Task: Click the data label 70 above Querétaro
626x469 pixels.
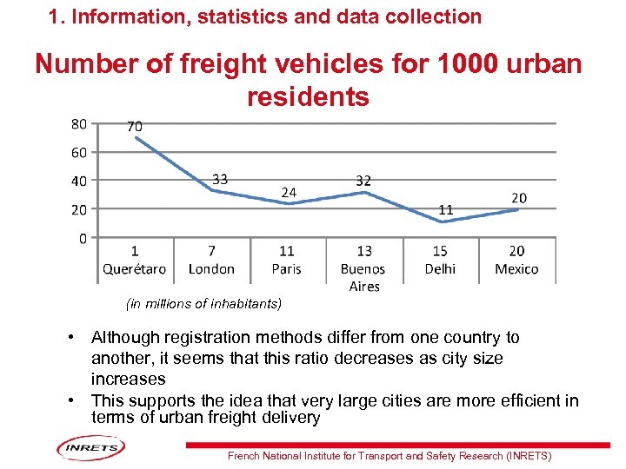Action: (x=135, y=127)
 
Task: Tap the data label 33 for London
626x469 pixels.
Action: (x=220, y=179)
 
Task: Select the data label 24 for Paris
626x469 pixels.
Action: (x=289, y=191)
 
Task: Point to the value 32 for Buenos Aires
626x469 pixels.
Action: (x=363, y=181)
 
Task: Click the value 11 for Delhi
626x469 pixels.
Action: (x=445, y=210)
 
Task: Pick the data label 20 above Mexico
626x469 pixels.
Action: (x=518, y=198)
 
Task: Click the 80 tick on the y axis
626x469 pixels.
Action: (x=78, y=124)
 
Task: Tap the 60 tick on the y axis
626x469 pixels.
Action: (x=78, y=153)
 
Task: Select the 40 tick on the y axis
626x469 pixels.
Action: (x=78, y=181)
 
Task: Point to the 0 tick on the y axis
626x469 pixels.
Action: (x=82, y=238)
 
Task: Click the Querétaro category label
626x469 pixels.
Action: (x=134, y=268)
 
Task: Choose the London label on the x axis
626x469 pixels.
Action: (x=211, y=268)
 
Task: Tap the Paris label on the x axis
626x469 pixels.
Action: (x=287, y=268)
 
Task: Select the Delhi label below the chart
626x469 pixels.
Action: (x=440, y=268)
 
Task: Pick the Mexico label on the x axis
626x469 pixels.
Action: (x=516, y=268)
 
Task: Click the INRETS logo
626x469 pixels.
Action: (x=90, y=449)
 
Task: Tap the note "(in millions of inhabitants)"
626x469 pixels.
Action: (x=203, y=304)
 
